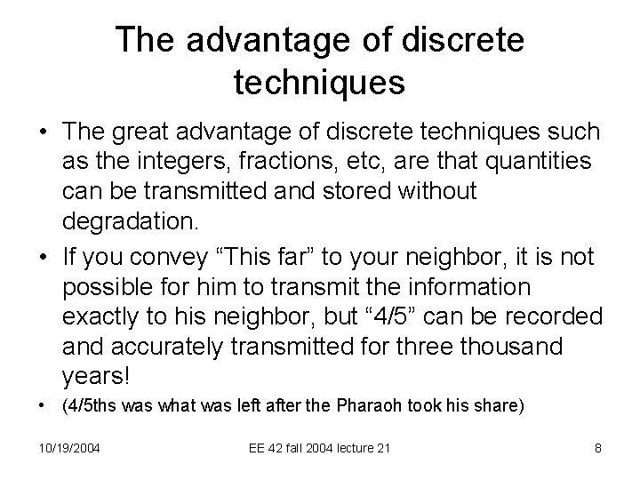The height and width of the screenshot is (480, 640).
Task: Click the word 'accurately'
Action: tap(178, 348)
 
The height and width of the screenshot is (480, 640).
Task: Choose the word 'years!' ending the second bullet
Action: tap(96, 377)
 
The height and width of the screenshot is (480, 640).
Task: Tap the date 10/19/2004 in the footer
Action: tap(69, 447)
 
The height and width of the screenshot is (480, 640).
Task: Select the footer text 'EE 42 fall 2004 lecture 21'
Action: tap(319, 447)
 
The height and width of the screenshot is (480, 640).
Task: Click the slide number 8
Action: tap(598, 447)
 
